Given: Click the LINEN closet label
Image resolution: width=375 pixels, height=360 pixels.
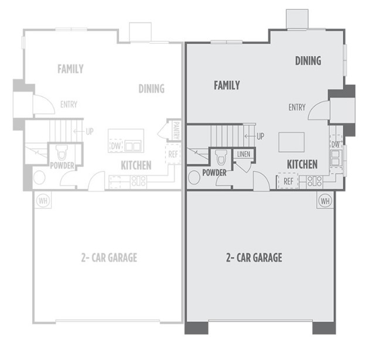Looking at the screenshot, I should pos(242,154).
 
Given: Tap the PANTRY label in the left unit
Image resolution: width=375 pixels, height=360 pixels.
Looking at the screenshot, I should pos(175,130).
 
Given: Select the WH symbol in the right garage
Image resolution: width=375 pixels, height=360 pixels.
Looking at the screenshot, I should pos(325,201).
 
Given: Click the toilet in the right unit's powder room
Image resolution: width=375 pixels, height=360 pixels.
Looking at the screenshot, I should pos(221,157).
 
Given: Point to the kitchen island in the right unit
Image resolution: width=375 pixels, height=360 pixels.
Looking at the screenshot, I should pos(291,142).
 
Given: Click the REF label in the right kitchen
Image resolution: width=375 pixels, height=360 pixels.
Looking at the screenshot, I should pos(288,181).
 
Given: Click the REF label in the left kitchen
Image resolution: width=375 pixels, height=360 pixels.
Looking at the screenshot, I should pos(173,155).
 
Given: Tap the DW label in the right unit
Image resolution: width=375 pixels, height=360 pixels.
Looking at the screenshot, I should pos(336,145).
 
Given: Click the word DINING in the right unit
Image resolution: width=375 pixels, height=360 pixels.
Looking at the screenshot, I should pos(308,60).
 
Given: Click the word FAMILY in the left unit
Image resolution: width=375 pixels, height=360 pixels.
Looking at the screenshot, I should pos(70,69).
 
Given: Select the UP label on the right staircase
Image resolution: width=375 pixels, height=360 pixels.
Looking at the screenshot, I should pos(260,136).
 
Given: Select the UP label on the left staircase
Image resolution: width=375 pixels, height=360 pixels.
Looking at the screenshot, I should pos(89,132).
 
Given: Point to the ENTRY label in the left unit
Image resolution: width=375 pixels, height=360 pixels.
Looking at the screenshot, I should pos(69,105).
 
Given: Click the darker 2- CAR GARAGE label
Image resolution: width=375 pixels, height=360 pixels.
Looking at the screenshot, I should pos(254,257).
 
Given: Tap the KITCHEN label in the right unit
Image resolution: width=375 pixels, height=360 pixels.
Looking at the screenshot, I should pos(302,164).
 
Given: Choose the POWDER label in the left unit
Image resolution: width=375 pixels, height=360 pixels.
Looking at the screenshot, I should pos(62,166).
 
